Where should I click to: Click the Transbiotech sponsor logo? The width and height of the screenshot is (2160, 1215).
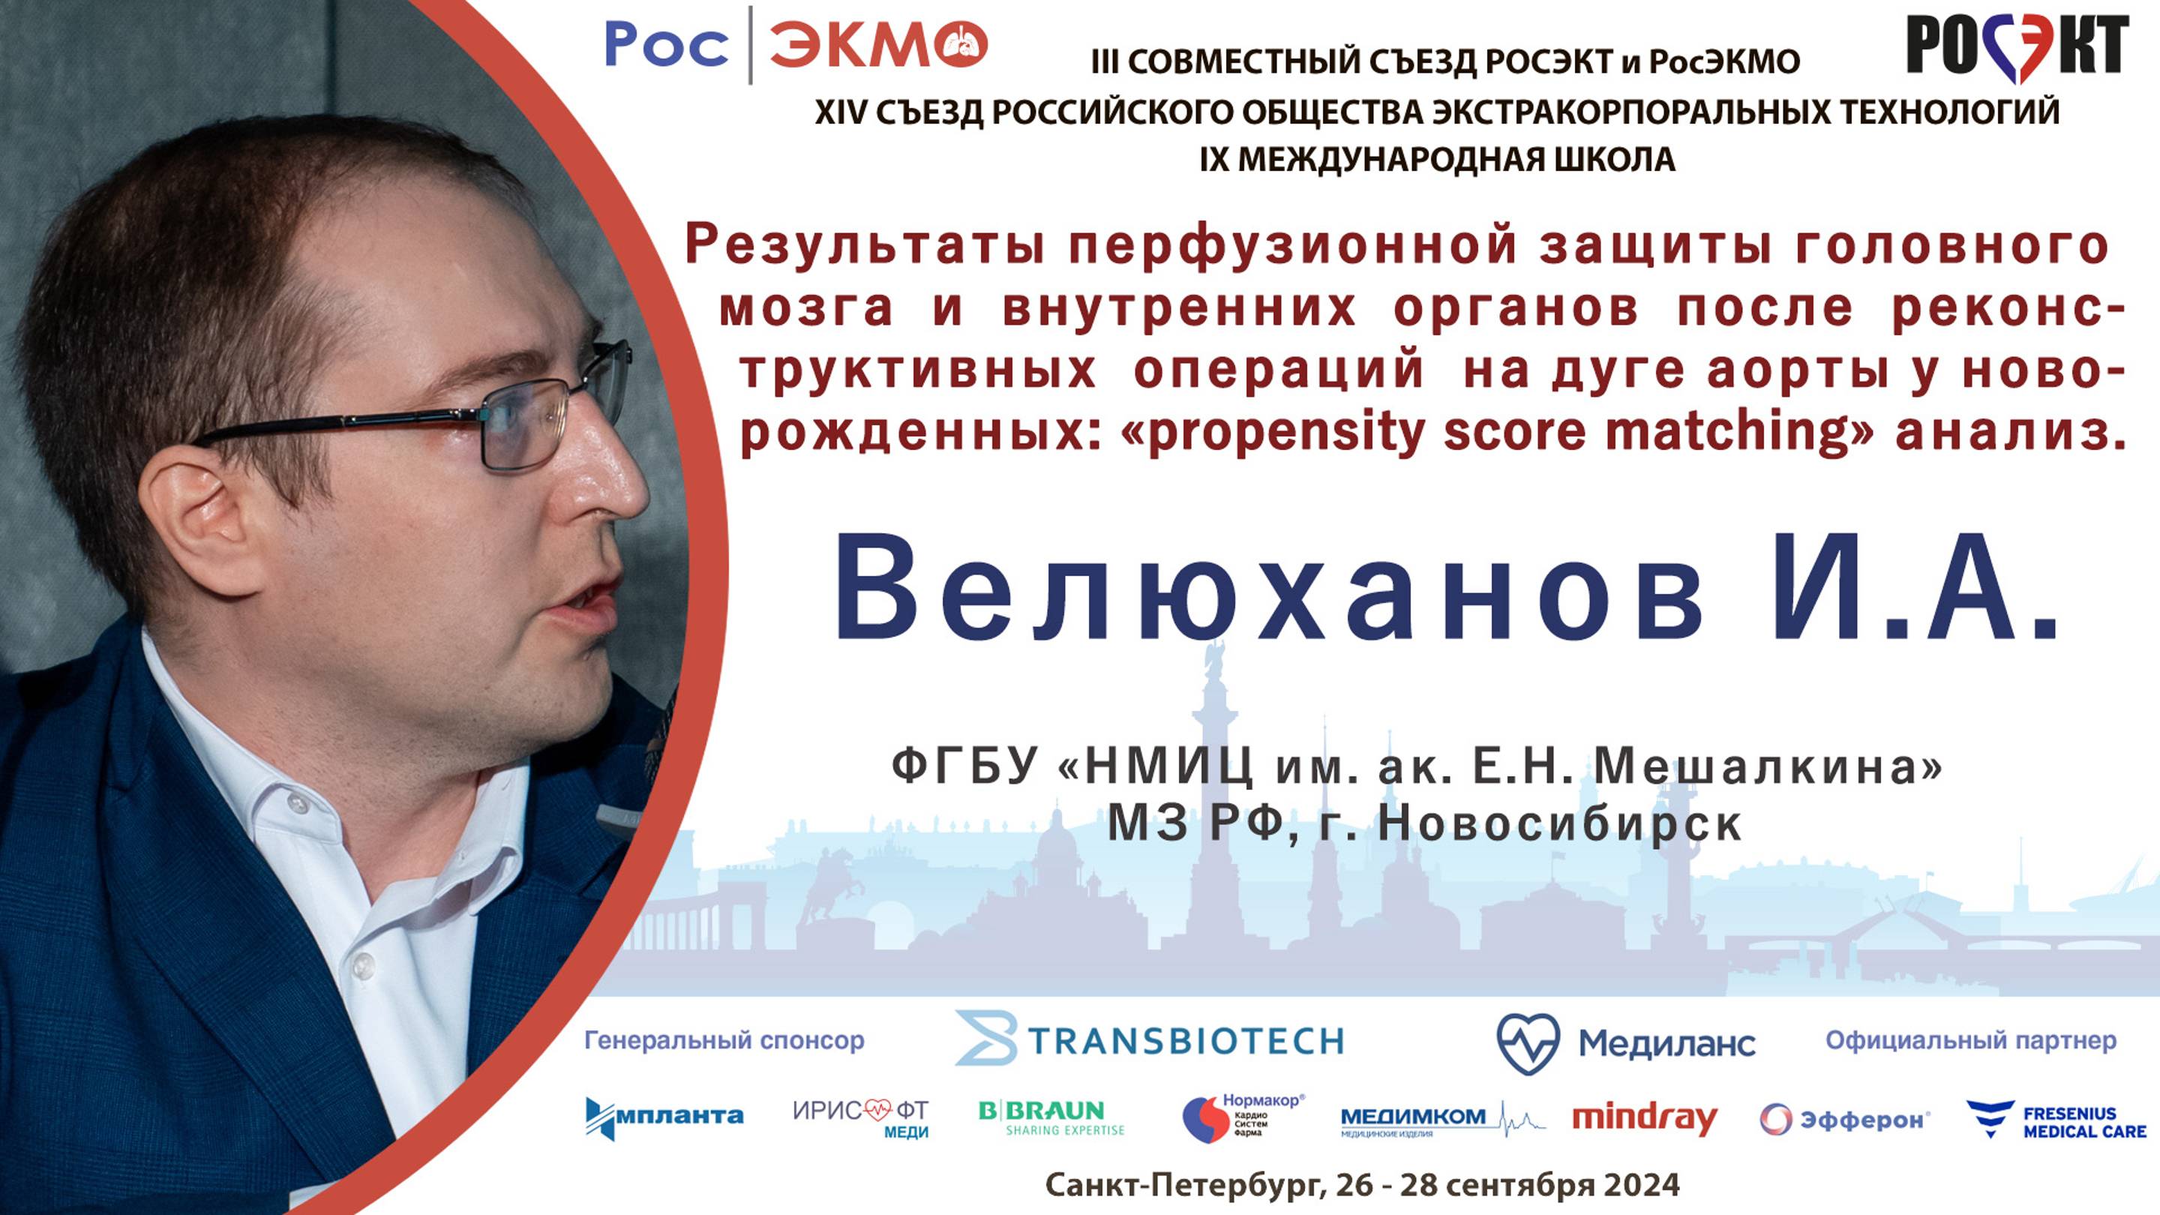pos(1150,1039)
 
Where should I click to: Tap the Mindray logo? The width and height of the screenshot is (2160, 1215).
pos(1644,1118)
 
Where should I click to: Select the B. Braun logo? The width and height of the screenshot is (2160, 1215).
pos(1051,1117)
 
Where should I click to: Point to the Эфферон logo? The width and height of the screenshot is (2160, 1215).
pos(1845,1120)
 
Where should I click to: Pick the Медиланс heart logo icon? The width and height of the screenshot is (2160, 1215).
pos(1528,1043)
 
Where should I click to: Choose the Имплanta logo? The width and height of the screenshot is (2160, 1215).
pos(664,1117)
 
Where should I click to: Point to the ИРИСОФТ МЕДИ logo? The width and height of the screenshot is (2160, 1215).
pos(861,1117)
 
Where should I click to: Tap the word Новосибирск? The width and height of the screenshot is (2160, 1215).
pos(1561,824)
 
